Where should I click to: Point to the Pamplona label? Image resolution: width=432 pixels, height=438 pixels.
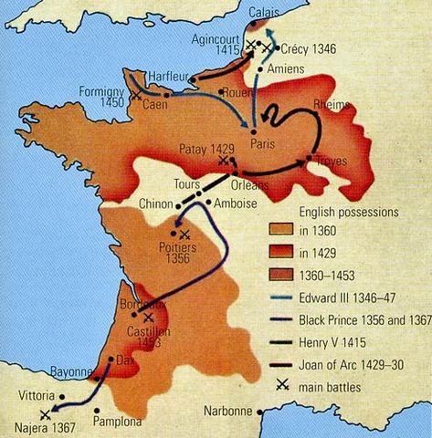click(x=118, y=422)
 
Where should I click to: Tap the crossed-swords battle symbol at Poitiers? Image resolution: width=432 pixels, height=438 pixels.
click(x=185, y=235)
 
